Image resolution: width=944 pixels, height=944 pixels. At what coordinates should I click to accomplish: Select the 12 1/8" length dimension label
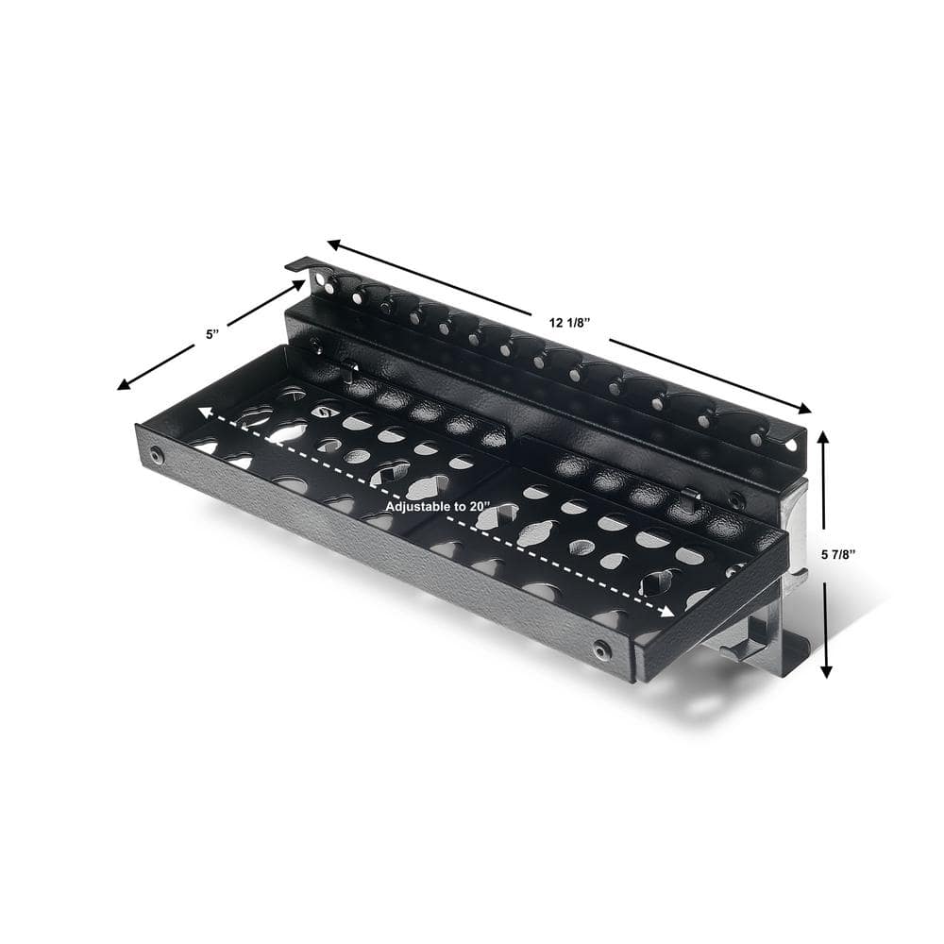click(x=569, y=322)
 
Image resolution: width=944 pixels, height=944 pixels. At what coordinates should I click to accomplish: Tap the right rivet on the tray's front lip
click(x=601, y=649)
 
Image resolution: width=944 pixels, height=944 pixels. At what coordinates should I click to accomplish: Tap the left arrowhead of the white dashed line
click(x=202, y=413)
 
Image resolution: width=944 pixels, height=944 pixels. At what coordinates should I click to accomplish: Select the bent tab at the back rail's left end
click(x=299, y=265)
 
